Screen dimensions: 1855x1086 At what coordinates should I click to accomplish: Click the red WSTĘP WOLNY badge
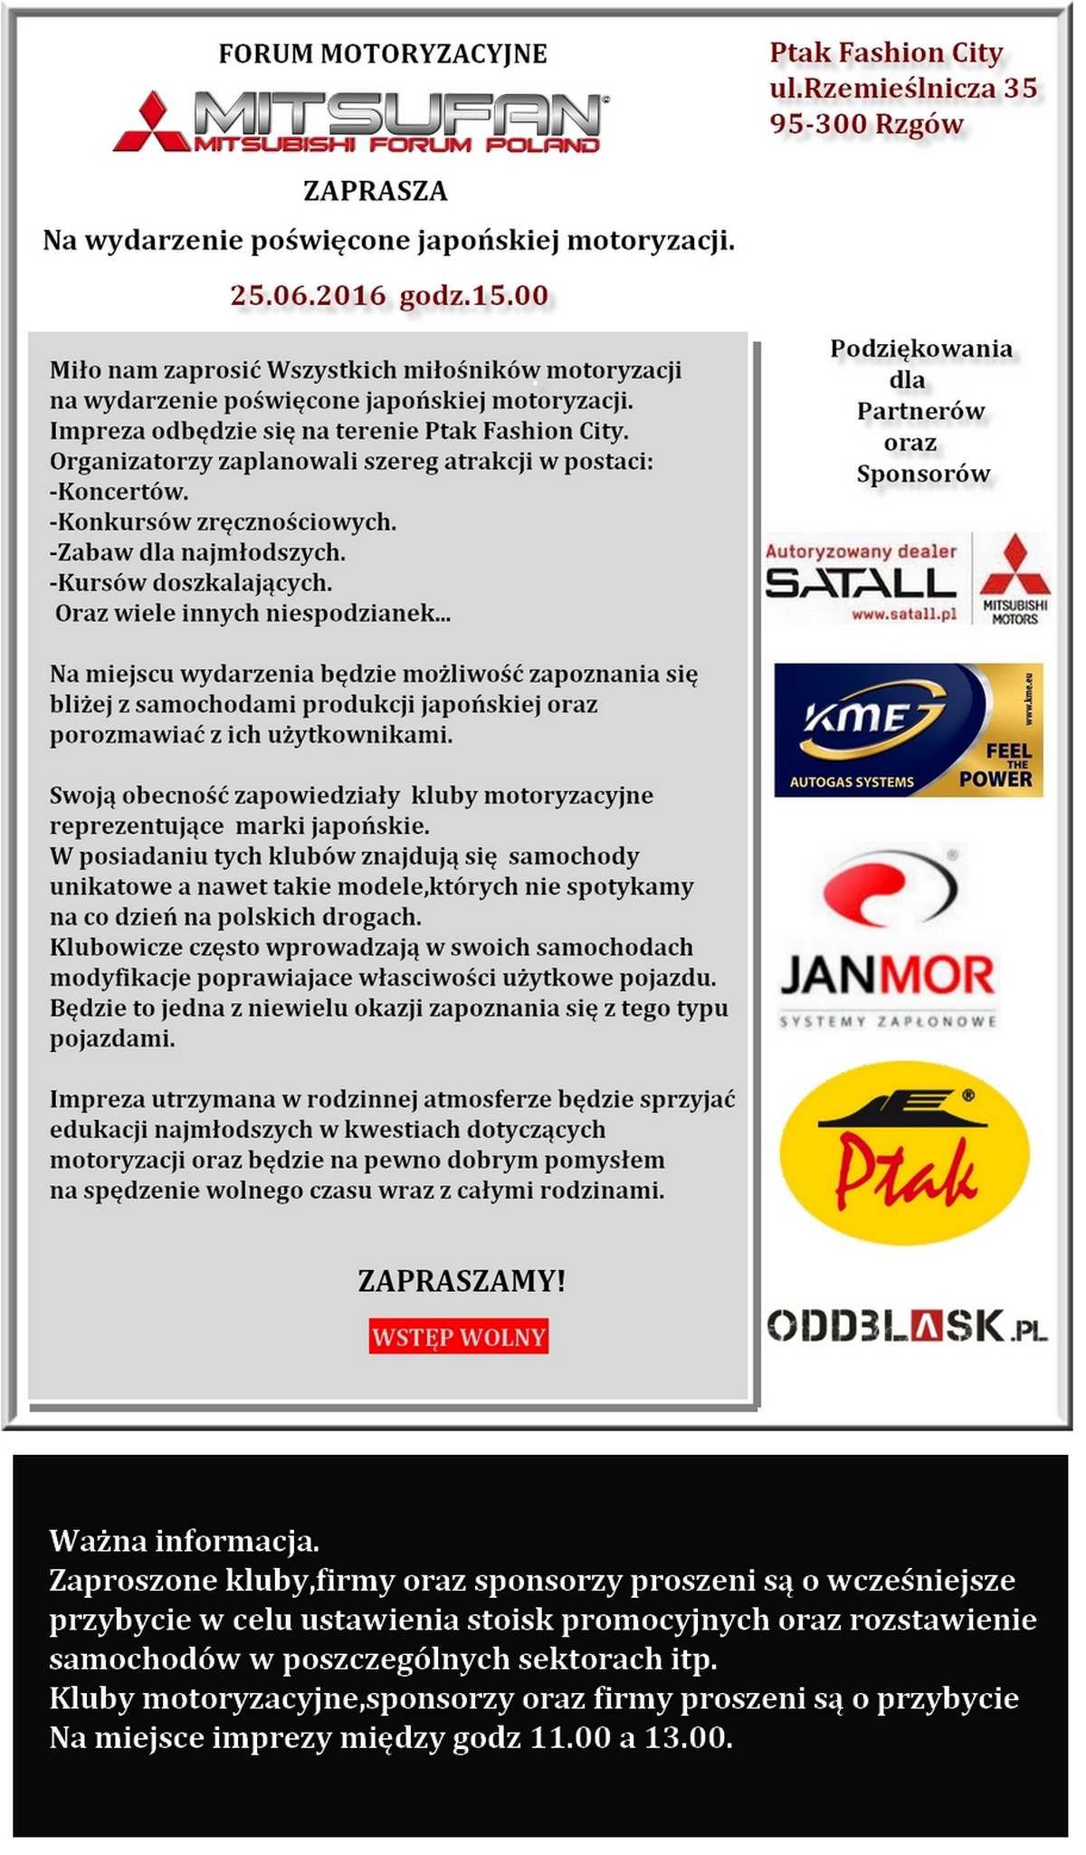[459, 1337]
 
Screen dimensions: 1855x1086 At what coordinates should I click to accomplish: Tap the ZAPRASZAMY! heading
[462, 1281]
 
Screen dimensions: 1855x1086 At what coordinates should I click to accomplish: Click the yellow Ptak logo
[904, 1153]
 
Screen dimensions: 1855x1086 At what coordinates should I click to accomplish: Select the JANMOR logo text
[887, 977]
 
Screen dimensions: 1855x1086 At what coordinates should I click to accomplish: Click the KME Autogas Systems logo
[908, 731]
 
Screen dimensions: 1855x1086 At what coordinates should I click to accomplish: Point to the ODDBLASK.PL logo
[907, 1327]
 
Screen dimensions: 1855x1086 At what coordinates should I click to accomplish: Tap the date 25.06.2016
[308, 295]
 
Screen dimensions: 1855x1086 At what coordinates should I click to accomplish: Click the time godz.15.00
[473, 295]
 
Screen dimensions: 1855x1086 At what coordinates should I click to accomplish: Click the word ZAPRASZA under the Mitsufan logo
[375, 191]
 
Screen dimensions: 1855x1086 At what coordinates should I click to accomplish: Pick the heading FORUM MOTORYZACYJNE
[383, 53]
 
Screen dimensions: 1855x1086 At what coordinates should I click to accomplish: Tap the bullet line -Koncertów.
[119, 492]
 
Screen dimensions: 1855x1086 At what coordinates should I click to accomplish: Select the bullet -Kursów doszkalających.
[191, 582]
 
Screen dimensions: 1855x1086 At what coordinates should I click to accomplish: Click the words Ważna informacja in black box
[184, 1540]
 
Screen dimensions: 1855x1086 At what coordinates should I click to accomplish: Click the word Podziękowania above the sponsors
[921, 349]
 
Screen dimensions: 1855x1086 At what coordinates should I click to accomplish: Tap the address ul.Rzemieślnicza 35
[903, 88]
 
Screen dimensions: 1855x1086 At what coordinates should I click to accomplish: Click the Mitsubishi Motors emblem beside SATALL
[1015, 579]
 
